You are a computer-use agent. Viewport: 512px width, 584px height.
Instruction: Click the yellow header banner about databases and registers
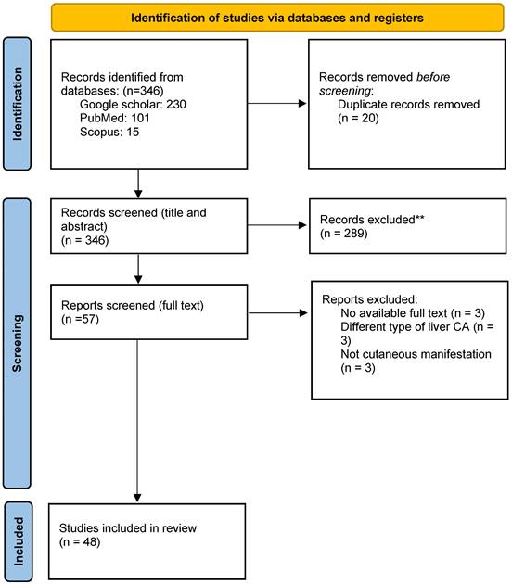pos(277,18)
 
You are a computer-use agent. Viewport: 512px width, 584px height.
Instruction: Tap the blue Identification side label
pos(17,104)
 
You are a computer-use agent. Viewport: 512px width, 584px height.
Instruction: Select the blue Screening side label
pos(17,343)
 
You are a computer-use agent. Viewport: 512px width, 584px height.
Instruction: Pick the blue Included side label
pos(18,542)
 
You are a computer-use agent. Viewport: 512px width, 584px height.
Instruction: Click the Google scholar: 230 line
pos(133,104)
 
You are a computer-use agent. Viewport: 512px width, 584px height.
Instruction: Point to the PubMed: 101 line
pos(114,118)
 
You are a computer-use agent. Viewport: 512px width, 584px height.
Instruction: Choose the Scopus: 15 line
pos(109,132)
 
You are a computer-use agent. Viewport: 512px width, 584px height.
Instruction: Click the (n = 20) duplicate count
pos(358,118)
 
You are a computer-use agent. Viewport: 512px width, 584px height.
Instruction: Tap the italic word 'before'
pos(433,77)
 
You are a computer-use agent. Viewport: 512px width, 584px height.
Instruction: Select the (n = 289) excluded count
pos(343,234)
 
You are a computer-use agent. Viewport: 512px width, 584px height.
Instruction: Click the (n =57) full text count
pos(80,319)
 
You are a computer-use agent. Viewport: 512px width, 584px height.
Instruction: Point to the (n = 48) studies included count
pos(80,542)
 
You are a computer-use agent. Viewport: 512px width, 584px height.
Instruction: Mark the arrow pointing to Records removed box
pos(277,104)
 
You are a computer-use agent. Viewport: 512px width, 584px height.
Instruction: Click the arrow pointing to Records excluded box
pos(277,225)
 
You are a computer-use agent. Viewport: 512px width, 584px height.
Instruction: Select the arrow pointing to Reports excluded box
pos(278,313)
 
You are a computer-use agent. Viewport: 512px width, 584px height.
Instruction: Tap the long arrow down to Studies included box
pos(137,421)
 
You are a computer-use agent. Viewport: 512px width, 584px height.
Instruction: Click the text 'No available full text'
pos(394,313)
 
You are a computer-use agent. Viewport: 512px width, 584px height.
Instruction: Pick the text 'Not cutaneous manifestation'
pos(416,354)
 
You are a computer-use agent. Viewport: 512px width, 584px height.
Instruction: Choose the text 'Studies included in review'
pos(128,528)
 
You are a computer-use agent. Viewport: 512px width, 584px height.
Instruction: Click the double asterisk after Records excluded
pos(419,218)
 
